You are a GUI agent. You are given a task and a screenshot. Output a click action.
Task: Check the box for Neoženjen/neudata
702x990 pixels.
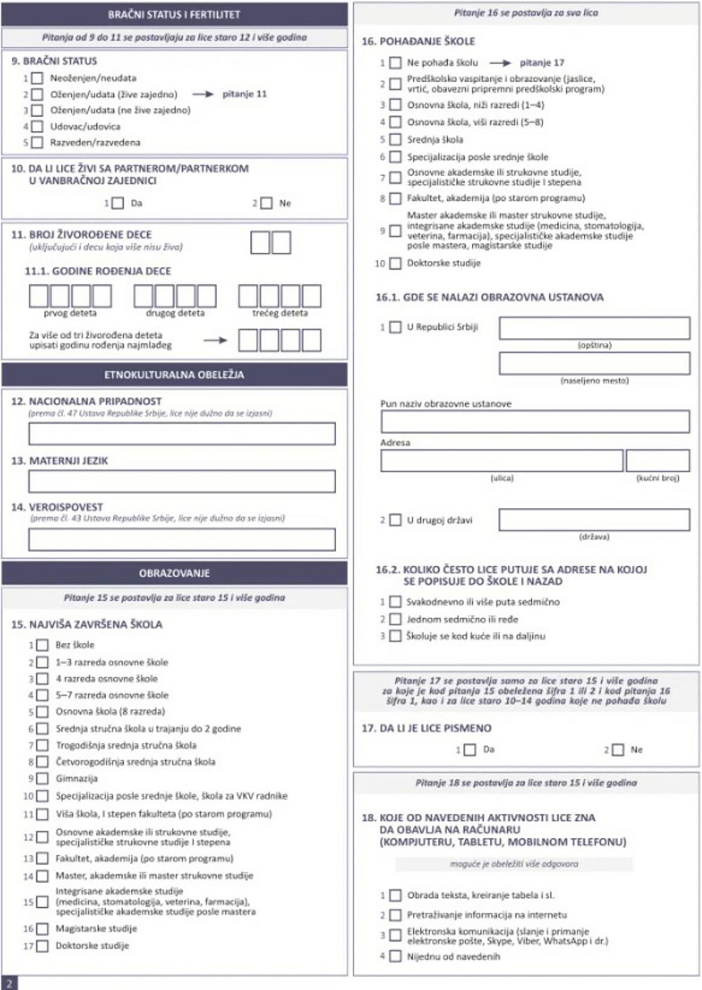(37, 78)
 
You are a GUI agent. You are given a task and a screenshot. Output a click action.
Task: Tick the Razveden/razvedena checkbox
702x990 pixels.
(37, 143)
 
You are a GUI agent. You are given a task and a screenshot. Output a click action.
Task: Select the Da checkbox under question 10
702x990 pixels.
(118, 203)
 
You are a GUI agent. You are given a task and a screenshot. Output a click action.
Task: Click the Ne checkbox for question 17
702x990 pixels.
(618, 749)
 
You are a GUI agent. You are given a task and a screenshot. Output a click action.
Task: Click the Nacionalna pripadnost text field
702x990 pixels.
(182, 434)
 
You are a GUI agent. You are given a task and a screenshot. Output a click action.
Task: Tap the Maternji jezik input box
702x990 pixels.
(182, 481)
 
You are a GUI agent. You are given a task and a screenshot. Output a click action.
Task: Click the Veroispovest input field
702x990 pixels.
(182, 539)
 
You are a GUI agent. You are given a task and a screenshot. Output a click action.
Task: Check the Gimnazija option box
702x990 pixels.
(43, 778)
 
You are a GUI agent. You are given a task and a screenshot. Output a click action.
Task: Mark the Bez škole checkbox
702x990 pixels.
(43, 645)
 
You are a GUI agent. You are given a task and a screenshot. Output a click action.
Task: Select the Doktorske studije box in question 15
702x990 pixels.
(43, 946)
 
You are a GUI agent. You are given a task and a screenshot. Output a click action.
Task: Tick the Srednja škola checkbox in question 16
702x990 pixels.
(395, 140)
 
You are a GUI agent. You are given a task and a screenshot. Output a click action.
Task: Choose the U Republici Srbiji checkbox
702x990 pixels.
(395, 327)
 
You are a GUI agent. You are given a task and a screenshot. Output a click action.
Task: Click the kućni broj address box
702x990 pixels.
(657, 461)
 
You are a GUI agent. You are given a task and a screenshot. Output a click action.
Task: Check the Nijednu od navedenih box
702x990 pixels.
(395, 956)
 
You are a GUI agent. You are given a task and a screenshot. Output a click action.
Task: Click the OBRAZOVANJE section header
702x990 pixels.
(174, 573)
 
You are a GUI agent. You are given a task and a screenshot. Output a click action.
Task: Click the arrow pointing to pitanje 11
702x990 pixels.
(203, 94)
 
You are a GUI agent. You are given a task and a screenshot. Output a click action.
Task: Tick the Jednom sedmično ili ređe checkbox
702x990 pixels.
(395, 619)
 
